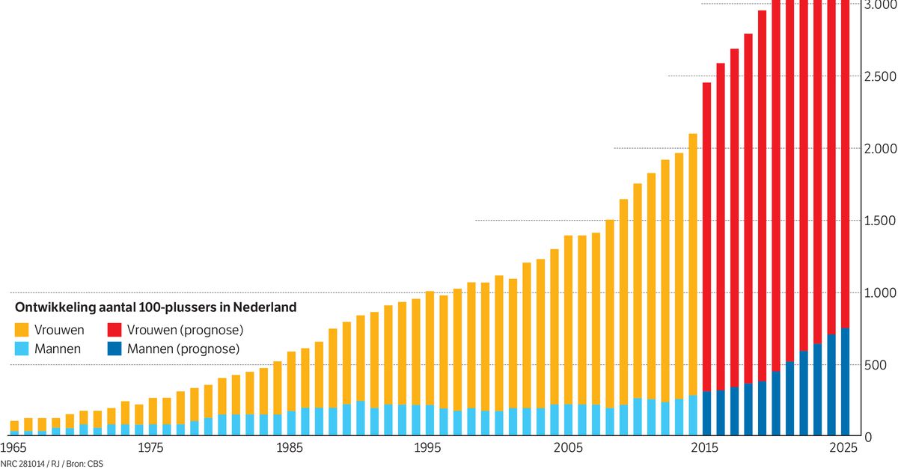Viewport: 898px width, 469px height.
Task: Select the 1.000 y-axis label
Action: point(880,292)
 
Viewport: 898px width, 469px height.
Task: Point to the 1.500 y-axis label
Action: point(880,221)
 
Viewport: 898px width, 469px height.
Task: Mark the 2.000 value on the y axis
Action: point(880,148)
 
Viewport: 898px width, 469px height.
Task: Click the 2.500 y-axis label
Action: point(880,76)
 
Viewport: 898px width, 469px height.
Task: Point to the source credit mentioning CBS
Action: point(52,465)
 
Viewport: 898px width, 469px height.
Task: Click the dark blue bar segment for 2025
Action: point(845,381)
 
